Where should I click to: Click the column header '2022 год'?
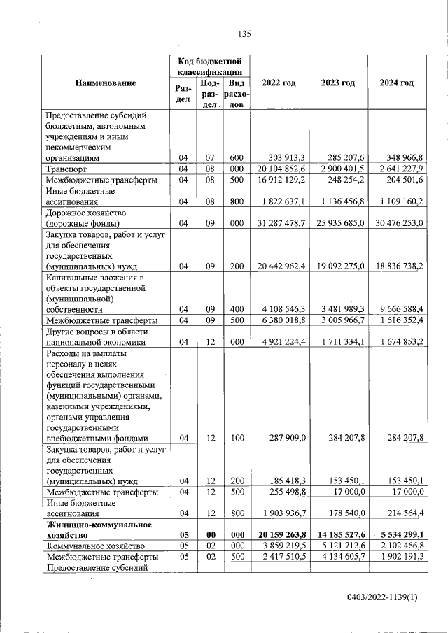[x=279, y=83]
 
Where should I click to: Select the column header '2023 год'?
[x=338, y=83]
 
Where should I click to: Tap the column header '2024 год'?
[x=397, y=83]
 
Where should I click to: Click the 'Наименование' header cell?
[x=105, y=83]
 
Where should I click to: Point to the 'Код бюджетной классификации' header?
[x=210, y=66]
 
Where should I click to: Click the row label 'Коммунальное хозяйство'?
[x=94, y=546]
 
